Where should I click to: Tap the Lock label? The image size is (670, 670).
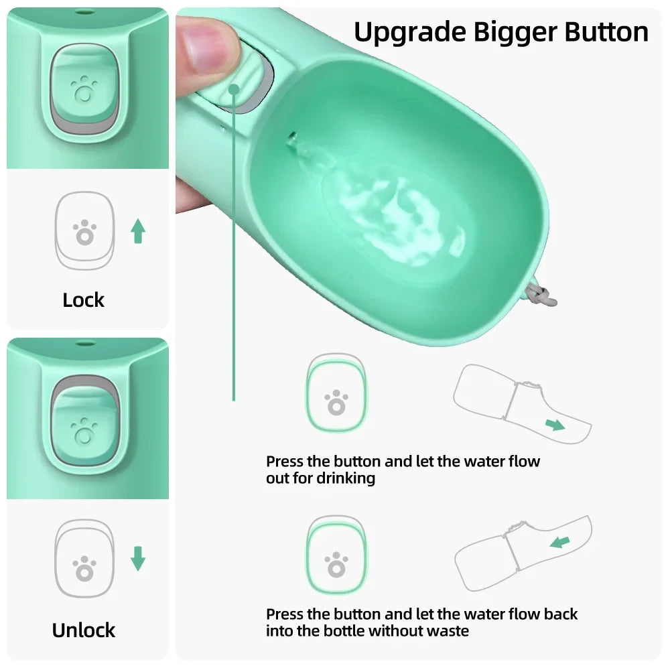click(84, 300)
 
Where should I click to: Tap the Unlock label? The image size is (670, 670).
click(84, 630)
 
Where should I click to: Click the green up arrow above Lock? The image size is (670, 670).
click(138, 231)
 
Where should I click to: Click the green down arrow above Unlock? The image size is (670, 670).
click(138, 558)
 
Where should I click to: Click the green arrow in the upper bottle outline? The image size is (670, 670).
click(554, 424)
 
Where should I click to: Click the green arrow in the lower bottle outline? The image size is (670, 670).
click(559, 541)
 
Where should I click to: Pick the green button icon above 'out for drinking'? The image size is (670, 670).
click(336, 394)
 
